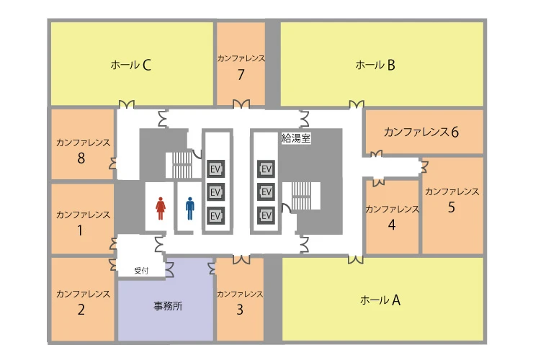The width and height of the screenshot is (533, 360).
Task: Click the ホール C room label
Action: [131, 66]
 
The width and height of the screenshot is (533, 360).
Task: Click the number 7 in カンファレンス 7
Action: [241, 74]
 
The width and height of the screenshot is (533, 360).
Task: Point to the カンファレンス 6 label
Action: [421, 132]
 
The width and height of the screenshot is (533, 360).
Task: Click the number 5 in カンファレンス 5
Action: [452, 208]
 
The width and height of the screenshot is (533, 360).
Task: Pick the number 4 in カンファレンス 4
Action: [392, 225]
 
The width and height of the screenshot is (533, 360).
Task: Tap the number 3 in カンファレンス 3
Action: [240, 310]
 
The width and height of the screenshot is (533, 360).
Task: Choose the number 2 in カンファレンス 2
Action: [81, 310]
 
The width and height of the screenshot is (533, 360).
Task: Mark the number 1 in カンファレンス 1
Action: [81, 231]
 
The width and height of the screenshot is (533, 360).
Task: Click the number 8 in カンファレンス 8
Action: [81, 158]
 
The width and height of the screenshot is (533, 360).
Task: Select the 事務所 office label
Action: [168, 305]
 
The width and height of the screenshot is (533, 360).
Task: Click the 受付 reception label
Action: [141, 271]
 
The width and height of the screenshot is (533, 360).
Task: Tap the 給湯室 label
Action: [296, 139]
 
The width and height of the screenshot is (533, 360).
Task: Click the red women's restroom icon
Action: [161, 209]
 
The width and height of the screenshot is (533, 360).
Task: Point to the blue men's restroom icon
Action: [190, 209]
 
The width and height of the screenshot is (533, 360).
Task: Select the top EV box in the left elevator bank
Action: [215, 168]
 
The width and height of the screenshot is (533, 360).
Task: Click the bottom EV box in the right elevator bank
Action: [266, 215]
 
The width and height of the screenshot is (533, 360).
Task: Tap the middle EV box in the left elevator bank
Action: [215, 192]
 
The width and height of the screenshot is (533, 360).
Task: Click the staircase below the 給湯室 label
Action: [303, 196]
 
